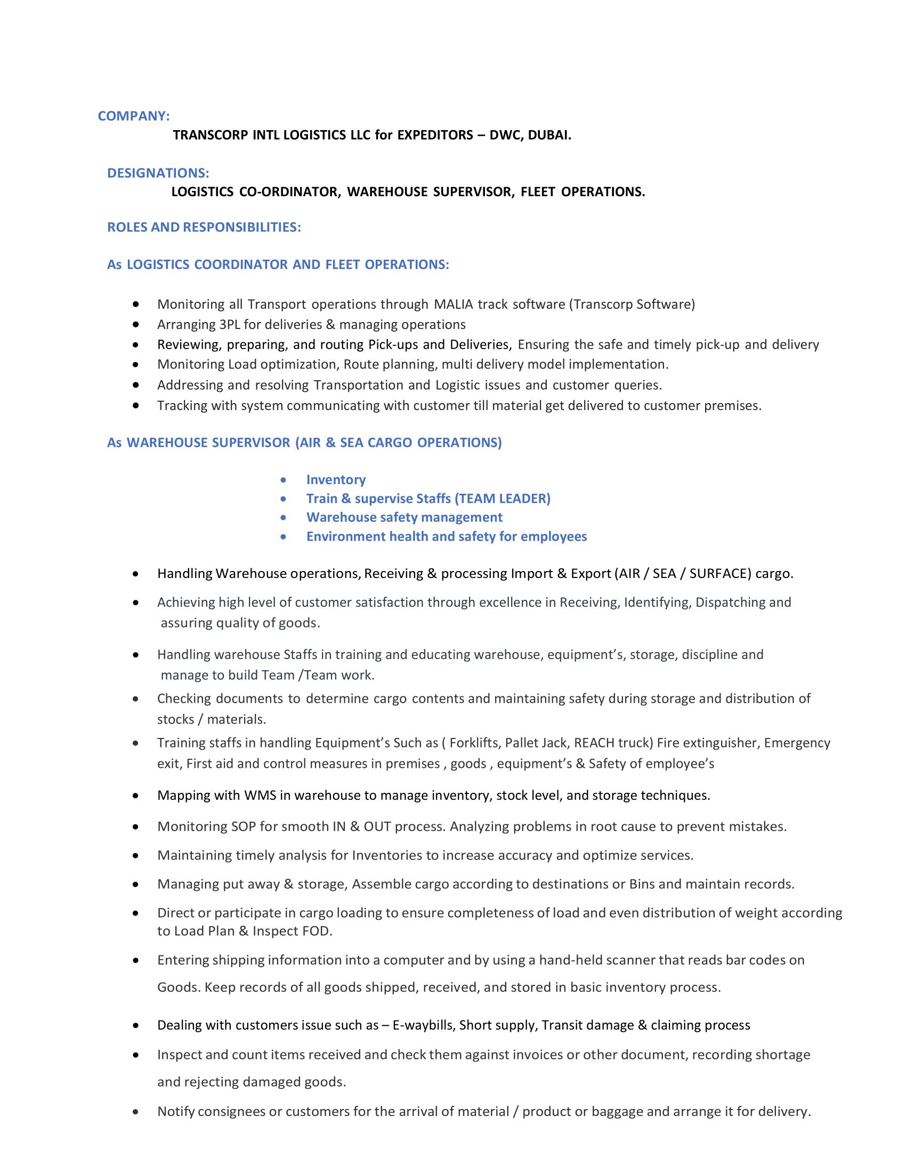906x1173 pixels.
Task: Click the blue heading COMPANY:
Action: coord(134,116)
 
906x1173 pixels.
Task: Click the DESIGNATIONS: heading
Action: coord(158,173)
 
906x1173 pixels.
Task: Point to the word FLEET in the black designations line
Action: coord(538,192)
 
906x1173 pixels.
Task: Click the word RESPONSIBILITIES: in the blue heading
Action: coord(242,227)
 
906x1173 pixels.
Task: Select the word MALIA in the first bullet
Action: coord(454,304)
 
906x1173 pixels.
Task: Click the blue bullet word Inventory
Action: coord(336,480)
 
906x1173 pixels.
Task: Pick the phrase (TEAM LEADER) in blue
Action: coord(503,499)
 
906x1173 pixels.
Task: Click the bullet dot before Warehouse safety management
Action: coord(284,518)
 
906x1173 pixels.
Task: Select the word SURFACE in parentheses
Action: coord(720,574)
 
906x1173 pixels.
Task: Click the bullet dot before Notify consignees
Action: coord(136,1112)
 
